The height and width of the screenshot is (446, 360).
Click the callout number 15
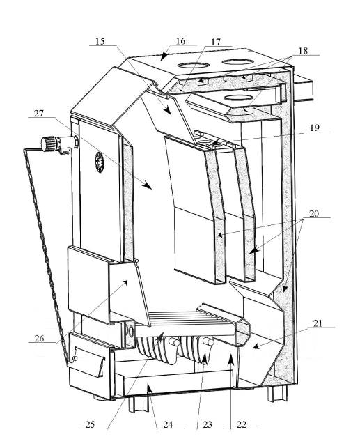coord(100,41)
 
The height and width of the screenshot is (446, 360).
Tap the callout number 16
coord(181,41)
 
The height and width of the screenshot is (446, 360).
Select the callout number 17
coord(216,42)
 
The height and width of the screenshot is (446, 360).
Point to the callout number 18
coord(303,51)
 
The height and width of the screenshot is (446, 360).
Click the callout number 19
coord(315,128)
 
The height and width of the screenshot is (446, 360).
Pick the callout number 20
coord(314,214)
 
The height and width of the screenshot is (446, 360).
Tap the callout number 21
coord(318,323)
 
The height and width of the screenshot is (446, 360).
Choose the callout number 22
coord(242,425)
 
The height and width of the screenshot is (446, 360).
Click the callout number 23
coord(208,425)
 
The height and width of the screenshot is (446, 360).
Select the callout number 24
coord(168,425)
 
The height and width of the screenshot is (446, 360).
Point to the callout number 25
coord(90,425)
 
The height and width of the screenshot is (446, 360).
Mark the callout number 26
coord(40,339)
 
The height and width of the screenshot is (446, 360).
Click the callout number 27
coord(39,113)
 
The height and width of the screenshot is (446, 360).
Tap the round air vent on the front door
coord(100,162)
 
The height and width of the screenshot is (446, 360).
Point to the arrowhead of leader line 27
coord(148,185)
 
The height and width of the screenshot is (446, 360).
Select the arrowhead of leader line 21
coord(256,346)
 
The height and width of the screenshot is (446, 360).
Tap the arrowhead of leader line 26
coord(125,282)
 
